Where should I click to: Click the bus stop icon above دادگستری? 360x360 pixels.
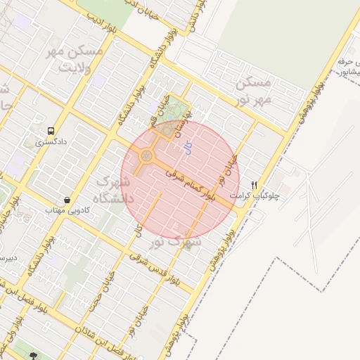click(51, 131)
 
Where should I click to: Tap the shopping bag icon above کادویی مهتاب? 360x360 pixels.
click(66, 199)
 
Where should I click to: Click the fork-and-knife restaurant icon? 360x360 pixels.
click(264, 184)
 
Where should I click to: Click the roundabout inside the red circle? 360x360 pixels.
click(147, 155)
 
